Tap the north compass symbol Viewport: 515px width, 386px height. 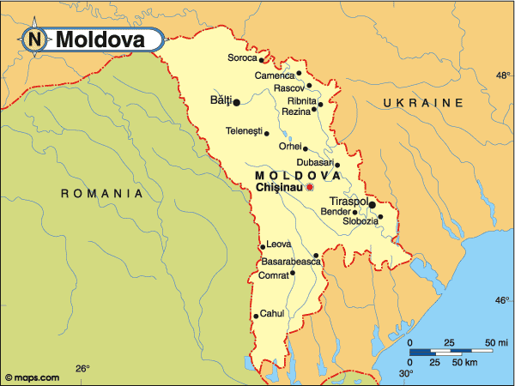click(35, 39)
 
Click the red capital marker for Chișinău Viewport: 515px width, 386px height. click(310, 186)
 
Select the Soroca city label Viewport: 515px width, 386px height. click(241, 58)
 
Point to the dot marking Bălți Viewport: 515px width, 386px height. click(236, 102)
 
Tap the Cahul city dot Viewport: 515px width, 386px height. click(255, 316)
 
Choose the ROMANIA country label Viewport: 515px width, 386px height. click(101, 194)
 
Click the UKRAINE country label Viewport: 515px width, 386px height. click(423, 103)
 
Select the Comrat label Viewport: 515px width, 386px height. click(273, 275)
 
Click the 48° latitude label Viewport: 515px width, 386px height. click(503, 75)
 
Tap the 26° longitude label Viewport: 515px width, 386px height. click(82, 370)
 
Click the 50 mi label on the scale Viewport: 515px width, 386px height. click(495, 343)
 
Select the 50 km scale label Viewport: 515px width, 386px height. click(465, 363)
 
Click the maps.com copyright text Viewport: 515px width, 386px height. click(32, 377)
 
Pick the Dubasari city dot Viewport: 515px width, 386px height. click(337, 166)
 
